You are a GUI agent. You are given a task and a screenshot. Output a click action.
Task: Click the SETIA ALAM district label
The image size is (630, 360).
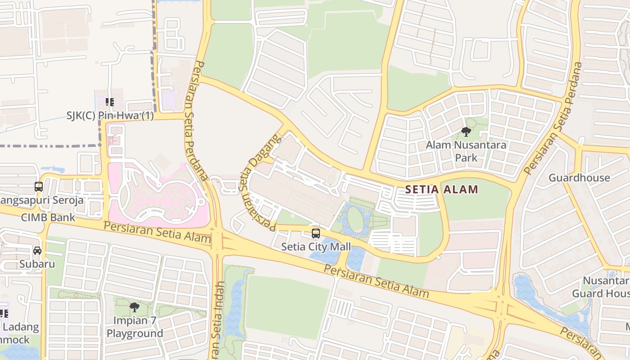click(x=441, y=189)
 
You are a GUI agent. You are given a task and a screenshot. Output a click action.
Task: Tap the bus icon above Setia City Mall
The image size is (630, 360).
click(x=316, y=234)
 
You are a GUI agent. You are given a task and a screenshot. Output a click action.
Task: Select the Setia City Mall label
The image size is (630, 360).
click(x=316, y=247)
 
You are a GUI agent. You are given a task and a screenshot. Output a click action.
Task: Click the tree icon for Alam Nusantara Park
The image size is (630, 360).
click(x=466, y=132)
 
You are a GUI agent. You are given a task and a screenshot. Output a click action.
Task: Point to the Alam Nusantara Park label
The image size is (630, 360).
click(x=466, y=152)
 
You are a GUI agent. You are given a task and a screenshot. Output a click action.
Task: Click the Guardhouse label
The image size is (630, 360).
click(x=579, y=178)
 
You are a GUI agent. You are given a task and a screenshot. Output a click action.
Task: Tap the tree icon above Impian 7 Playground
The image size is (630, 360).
click(x=134, y=307)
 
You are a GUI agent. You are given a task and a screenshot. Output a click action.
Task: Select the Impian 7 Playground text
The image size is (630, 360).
click(x=135, y=327)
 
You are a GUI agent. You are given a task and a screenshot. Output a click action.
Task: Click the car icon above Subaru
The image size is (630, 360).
click(x=37, y=251)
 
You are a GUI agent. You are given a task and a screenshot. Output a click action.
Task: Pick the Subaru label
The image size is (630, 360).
click(x=37, y=264)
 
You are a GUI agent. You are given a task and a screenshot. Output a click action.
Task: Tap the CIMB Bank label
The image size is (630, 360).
click(x=48, y=218)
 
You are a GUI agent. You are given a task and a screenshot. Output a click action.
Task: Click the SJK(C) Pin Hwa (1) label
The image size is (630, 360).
click(x=110, y=116)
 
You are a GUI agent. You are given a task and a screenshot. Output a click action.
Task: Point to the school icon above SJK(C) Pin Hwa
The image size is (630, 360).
click(x=109, y=102)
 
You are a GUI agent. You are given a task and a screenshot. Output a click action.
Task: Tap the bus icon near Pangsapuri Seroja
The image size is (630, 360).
click(x=39, y=186)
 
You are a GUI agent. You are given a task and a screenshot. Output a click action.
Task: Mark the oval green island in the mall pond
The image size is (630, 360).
click(x=355, y=219)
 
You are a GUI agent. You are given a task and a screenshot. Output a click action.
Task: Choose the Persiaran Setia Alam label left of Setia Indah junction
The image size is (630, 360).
click(x=157, y=231)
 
